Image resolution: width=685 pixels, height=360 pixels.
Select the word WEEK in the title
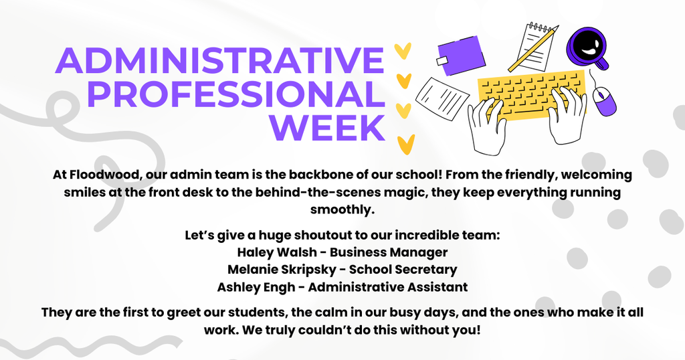[331, 126]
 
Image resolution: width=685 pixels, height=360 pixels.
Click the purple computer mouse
[605, 102]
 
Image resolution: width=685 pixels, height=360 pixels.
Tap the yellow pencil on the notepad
[532, 50]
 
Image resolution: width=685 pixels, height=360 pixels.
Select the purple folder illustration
[461, 55]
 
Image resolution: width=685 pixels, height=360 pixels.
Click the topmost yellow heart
[401, 51]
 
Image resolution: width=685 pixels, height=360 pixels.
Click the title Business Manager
[389, 252]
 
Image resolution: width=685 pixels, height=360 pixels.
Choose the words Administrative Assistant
[387, 287]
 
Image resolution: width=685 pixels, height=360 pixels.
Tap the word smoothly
[342, 209]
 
